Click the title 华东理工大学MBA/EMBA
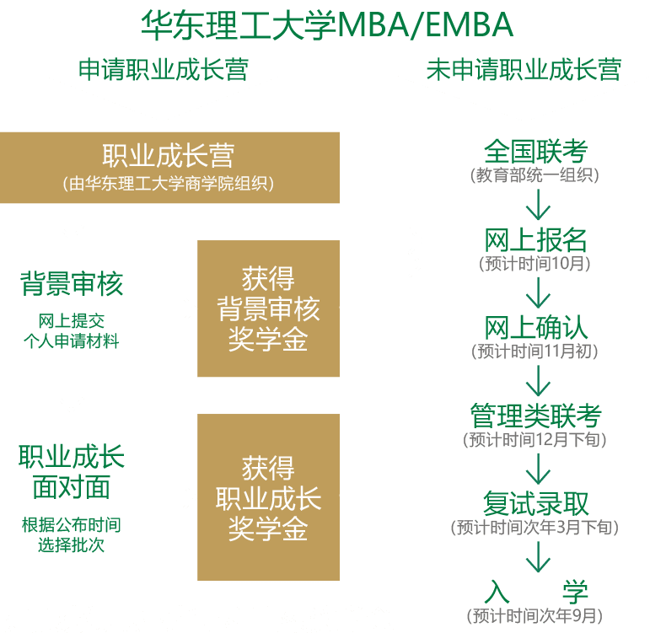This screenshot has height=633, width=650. pyautogui.click(x=326, y=25)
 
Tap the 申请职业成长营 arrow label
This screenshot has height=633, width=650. pyautogui.click(x=163, y=69)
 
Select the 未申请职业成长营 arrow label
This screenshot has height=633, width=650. pyautogui.click(x=524, y=69)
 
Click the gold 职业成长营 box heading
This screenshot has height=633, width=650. pyautogui.click(x=169, y=156)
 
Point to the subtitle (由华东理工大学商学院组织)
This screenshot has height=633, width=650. pyautogui.click(x=169, y=182)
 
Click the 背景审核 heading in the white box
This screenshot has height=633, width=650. pyautogui.click(x=72, y=283)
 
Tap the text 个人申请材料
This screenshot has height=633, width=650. pyautogui.click(x=72, y=341)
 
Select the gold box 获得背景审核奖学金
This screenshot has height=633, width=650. pyautogui.click(x=268, y=308)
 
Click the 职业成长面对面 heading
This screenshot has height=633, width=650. pyautogui.click(x=72, y=472)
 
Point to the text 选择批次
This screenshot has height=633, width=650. pyautogui.click(x=72, y=544)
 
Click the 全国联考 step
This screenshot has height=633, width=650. pyautogui.click(x=535, y=153)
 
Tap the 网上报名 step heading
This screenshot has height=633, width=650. pyautogui.click(x=535, y=240)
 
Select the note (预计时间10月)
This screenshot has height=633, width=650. pyautogui.click(x=535, y=263)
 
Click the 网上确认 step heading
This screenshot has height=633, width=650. pyautogui.click(x=535, y=328)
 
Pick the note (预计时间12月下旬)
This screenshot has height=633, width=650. pyautogui.click(x=535, y=439)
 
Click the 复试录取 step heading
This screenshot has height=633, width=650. pyautogui.click(x=535, y=504)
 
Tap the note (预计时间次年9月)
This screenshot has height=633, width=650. pyautogui.click(x=535, y=614)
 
